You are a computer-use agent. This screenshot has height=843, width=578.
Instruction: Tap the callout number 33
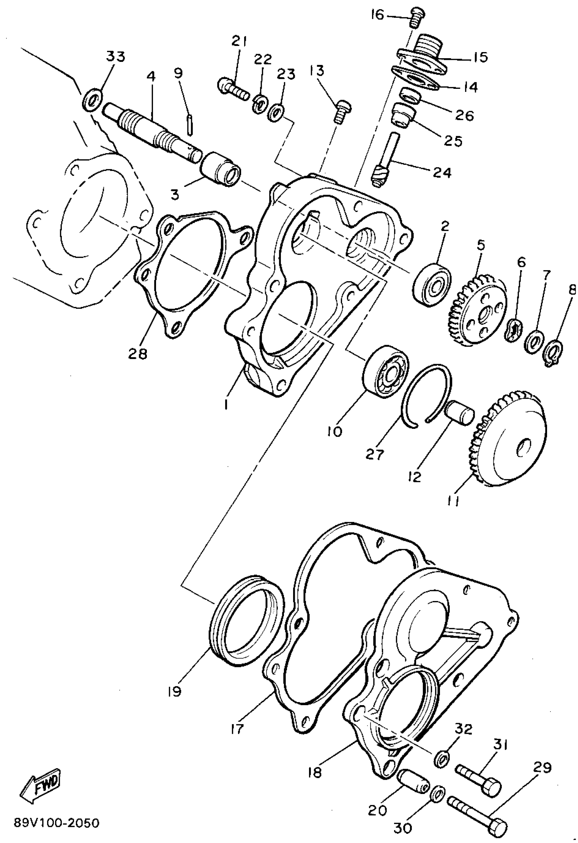[x=116, y=56]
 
